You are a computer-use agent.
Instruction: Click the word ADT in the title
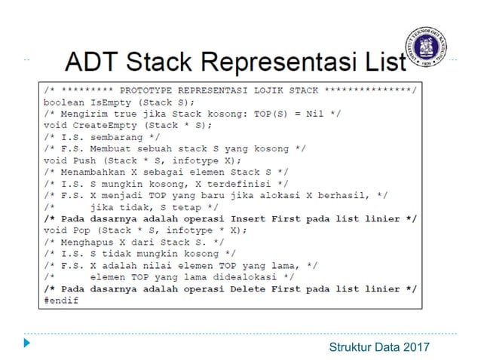[93, 60]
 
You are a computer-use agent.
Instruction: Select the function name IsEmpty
[106, 101]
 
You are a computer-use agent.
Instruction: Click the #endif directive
[60, 300]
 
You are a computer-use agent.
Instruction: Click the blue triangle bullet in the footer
[27, 344]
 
